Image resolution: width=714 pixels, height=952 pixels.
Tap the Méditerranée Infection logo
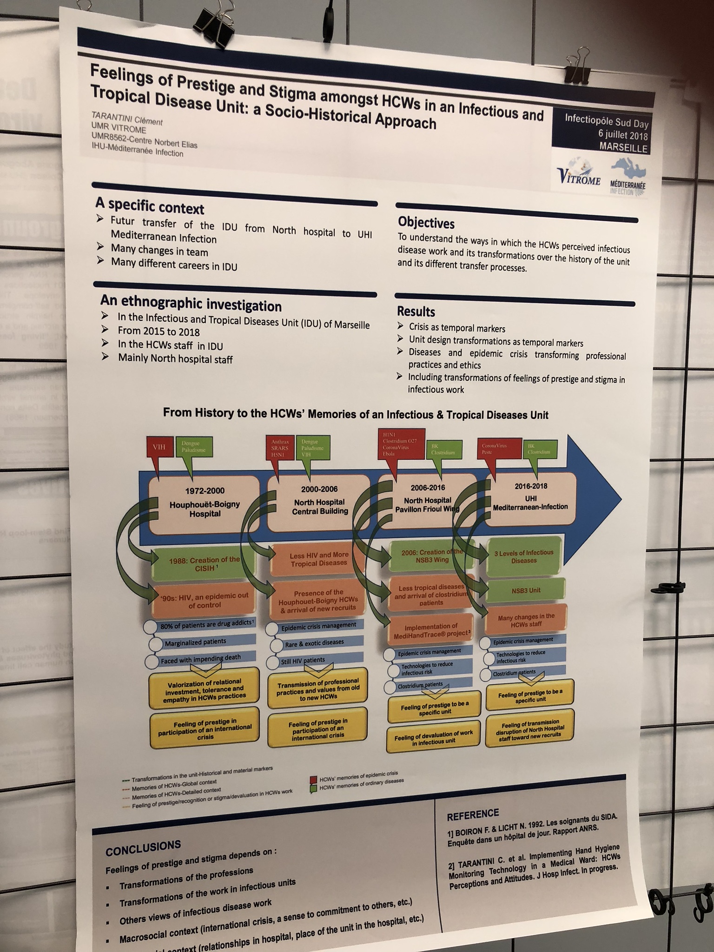tap(628, 179)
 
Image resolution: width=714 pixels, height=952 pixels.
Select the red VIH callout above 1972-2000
tap(159, 447)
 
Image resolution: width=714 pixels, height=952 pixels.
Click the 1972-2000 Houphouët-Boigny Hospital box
tap(204, 503)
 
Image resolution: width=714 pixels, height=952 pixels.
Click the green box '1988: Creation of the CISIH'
tap(204, 563)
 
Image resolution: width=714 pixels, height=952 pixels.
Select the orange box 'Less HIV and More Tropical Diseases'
tap(319, 559)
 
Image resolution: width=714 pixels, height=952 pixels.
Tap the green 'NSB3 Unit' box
tap(526, 590)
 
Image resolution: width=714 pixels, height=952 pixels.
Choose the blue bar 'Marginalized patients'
tap(195, 642)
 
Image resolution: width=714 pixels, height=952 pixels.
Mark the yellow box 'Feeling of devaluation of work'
tap(433, 740)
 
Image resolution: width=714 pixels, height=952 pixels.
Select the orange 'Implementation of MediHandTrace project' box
tap(431, 630)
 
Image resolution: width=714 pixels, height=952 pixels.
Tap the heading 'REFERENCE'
tap(473, 815)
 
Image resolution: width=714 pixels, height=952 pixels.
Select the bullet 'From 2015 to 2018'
tap(159, 331)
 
